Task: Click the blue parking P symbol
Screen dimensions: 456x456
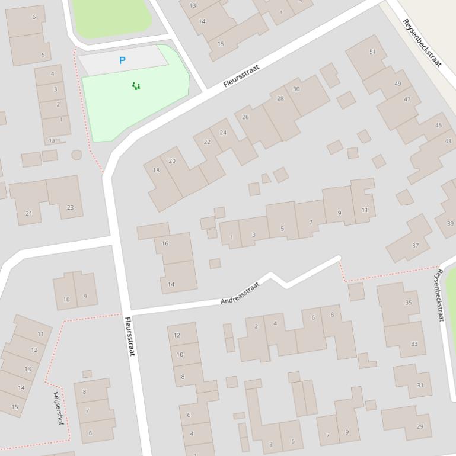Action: (x=122, y=60)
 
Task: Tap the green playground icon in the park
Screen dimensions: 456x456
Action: (x=136, y=86)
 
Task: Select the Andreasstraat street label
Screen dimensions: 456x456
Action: (x=240, y=293)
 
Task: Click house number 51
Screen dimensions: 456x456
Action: (x=372, y=52)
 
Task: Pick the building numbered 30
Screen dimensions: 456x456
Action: (x=296, y=89)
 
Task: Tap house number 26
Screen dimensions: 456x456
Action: (x=245, y=117)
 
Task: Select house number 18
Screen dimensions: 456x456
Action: (x=156, y=170)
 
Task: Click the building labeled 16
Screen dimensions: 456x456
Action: (x=165, y=243)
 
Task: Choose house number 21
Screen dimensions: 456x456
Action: (x=28, y=213)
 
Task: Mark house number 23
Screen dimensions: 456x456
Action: (x=70, y=207)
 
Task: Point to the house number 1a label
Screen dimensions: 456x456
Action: (x=52, y=140)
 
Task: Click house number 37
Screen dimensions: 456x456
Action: (x=415, y=245)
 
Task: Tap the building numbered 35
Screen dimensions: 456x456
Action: (x=408, y=303)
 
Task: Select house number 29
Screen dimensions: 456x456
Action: (x=420, y=426)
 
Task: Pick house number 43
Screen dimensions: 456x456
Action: (x=448, y=141)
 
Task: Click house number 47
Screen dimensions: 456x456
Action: (x=407, y=99)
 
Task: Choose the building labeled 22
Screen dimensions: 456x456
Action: (x=206, y=142)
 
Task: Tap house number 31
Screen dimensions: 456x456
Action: (x=420, y=385)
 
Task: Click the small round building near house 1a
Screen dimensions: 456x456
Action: (x=76, y=155)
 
